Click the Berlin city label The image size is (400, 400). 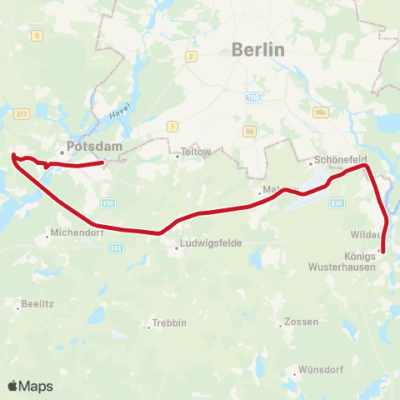coord(258,50)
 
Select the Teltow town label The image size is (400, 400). coord(196,152)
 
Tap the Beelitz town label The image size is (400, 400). coord(39,304)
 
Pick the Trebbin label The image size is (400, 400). coord(169,323)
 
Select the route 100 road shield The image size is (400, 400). coord(253,97)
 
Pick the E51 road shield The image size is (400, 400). coord(109,202)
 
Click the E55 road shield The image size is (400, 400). coord(117,247)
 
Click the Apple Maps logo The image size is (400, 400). coord(30,386)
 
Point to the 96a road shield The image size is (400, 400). coord(320,112)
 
